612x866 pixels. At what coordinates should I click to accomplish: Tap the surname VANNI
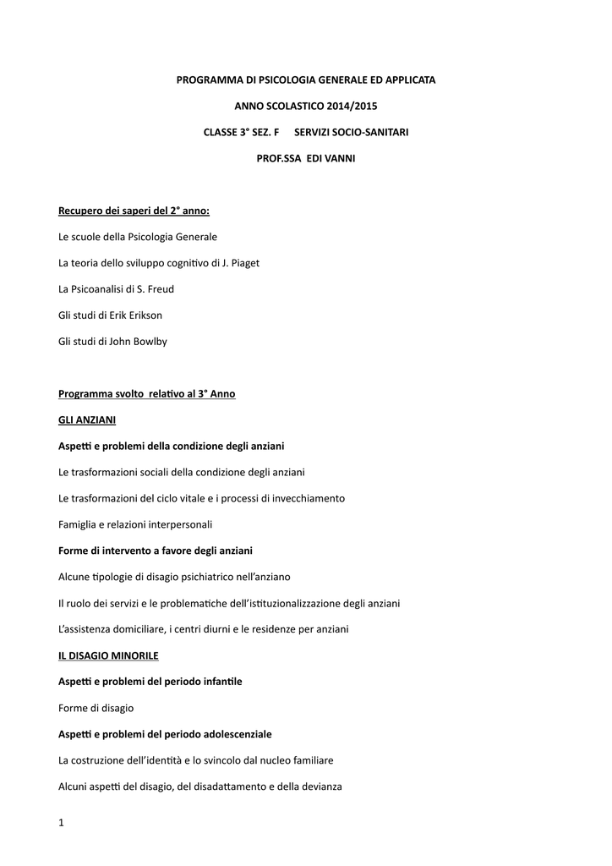(337, 158)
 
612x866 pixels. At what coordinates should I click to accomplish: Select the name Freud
(160, 289)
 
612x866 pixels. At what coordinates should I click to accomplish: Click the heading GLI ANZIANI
(87, 419)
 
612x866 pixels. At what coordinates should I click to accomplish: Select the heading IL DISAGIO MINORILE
(108, 655)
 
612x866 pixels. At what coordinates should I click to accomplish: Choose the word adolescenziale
(232, 733)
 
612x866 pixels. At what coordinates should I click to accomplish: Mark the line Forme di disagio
(96, 707)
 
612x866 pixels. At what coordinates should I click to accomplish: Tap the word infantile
(221, 681)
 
